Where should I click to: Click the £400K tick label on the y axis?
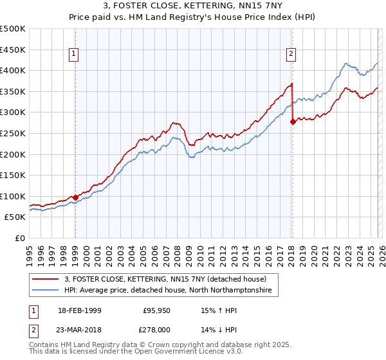pyautogui.click(x=13, y=71)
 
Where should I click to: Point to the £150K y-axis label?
pyautogui.click(x=13, y=175)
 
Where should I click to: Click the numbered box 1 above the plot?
pyautogui.click(x=75, y=54)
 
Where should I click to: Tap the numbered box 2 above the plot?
pyautogui.click(x=291, y=54)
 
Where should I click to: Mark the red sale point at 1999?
pyautogui.click(x=75, y=197)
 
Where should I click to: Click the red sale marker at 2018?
pyautogui.click(x=293, y=122)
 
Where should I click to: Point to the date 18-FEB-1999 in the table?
pyautogui.click(x=78, y=310)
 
